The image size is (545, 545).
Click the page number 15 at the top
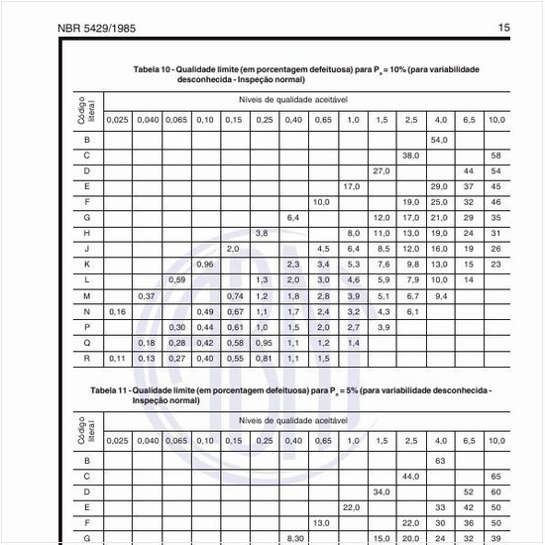(503, 28)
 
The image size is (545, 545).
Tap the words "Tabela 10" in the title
(155, 69)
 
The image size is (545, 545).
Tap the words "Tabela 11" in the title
(111, 391)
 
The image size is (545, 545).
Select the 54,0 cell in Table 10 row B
(440, 140)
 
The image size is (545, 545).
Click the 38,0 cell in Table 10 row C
(410, 156)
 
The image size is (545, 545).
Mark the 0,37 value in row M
(147, 295)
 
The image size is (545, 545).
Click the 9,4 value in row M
(440, 295)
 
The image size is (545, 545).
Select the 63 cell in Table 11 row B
(440, 461)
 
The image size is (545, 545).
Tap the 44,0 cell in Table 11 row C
(410, 476)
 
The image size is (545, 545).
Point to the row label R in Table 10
(87, 358)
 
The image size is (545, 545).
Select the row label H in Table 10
(87, 233)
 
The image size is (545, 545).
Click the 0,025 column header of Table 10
(117, 119)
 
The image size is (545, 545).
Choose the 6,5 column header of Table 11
(469, 440)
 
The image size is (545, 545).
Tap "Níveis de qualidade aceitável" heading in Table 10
(292, 101)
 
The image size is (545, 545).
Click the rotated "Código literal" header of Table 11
(86, 430)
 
